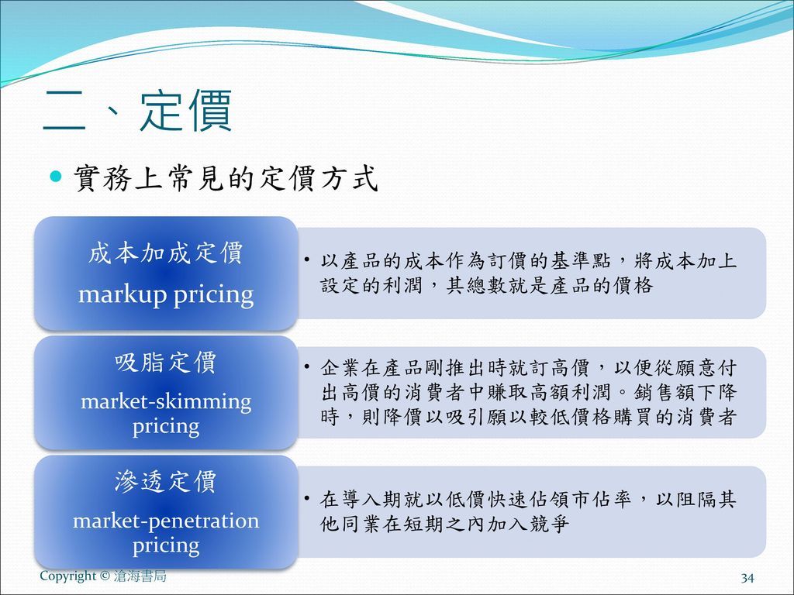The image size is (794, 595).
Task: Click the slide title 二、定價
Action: (x=137, y=112)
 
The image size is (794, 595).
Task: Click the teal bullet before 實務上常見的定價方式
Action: (x=55, y=178)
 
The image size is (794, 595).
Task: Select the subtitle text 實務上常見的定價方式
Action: (x=226, y=179)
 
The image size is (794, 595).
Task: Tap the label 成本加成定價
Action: (x=166, y=253)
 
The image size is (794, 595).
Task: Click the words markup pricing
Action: (x=166, y=294)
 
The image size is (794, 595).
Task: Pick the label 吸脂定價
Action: (x=166, y=363)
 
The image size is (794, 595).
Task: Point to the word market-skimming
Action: (x=166, y=401)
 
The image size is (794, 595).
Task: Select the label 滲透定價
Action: (x=166, y=483)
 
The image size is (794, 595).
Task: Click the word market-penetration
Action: (x=166, y=521)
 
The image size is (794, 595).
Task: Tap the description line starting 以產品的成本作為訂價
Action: (x=528, y=262)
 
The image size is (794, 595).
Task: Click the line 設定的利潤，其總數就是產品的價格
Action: (x=487, y=286)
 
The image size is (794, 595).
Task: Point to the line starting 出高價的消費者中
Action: (x=528, y=392)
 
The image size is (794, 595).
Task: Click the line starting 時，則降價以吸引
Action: (x=528, y=417)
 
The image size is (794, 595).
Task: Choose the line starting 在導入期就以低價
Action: (x=528, y=500)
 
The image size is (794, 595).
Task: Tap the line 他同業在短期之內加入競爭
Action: (x=445, y=524)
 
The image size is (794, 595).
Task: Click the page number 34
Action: (x=747, y=578)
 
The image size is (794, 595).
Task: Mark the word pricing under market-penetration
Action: (x=166, y=545)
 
